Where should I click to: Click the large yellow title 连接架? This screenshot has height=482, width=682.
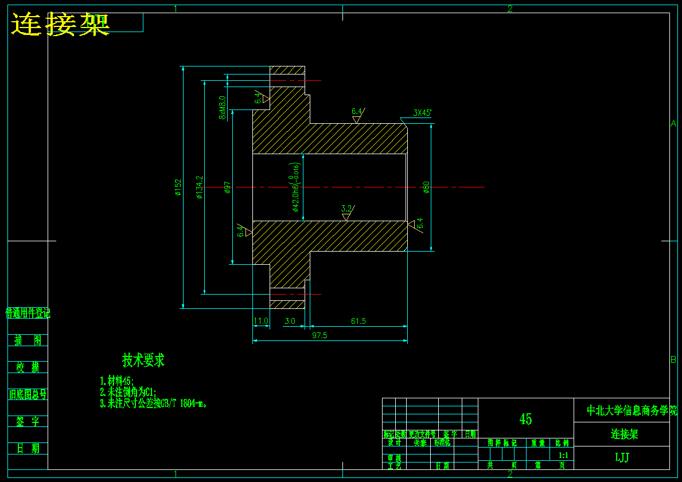(x=60, y=24)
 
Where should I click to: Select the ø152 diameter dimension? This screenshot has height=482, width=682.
(x=178, y=187)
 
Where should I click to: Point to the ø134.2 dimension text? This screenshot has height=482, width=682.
(x=200, y=187)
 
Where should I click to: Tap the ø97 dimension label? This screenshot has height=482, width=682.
(x=228, y=187)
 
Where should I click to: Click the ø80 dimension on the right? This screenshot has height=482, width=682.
(x=426, y=187)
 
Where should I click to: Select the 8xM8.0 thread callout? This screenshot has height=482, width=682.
(x=223, y=107)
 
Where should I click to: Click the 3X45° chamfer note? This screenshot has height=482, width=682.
(x=422, y=113)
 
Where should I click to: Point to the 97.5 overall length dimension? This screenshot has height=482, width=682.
(x=319, y=336)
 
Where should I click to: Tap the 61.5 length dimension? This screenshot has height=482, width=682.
(x=358, y=322)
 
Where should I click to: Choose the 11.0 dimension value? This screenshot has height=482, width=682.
(x=261, y=322)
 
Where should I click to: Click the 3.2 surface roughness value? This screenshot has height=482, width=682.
(x=346, y=208)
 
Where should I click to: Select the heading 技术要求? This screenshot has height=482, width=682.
(x=143, y=360)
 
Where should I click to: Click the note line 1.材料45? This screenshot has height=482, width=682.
(x=117, y=381)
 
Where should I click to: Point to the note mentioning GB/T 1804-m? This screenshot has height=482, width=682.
(x=153, y=403)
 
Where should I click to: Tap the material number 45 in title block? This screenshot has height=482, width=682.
(x=525, y=419)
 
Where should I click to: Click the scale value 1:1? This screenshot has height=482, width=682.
(x=563, y=456)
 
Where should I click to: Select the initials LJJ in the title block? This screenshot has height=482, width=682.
(x=622, y=457)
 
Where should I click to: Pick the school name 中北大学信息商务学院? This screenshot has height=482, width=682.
(x=632, y=410)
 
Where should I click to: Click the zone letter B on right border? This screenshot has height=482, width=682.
(x=673, y=360)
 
